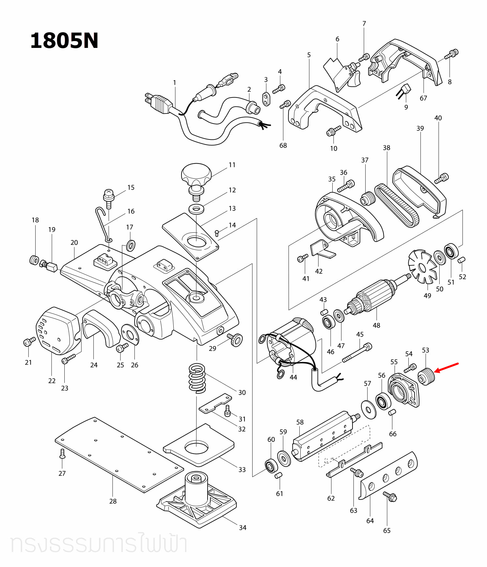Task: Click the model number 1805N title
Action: click(64, 41)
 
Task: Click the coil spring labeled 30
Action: click(197, 378)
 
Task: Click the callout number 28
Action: click(113, 501)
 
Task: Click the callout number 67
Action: click(423, 98)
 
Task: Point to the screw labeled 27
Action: click(63, 454)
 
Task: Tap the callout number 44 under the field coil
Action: click(293, 377)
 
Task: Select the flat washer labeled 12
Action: click(196, 209)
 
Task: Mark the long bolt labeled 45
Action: click(357, 353)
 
